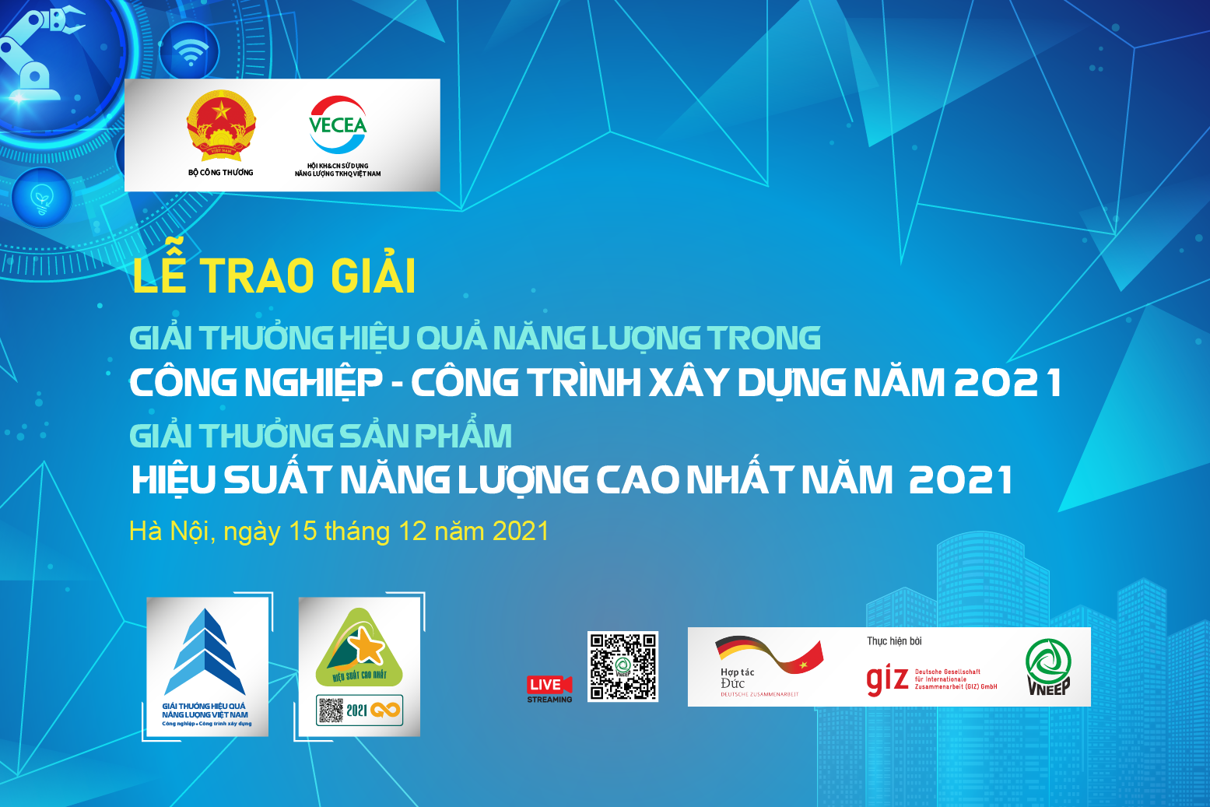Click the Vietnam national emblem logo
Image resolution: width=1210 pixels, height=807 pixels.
click(221, 125)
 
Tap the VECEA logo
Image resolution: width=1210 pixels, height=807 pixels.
click(338, 125)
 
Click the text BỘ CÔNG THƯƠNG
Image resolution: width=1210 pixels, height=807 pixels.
click(221, 172)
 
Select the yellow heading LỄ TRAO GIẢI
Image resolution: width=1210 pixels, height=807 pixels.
click(274, 275)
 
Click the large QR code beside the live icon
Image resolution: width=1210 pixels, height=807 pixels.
click(623, 666)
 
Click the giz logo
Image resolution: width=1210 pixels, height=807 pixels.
click(887, 679)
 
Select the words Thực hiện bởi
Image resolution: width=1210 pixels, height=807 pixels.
click(894, 641)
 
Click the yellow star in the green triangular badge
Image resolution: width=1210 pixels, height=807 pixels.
click(365, 645)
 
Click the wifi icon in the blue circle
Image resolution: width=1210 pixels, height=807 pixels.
click(189, 53)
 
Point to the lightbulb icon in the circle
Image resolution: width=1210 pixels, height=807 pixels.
click(41, 199)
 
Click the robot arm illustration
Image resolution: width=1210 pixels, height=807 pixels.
click(39, 54)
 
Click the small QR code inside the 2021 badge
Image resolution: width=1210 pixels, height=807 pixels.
click(331, 710)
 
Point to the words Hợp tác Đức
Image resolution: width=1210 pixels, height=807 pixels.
click(736, 678)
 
